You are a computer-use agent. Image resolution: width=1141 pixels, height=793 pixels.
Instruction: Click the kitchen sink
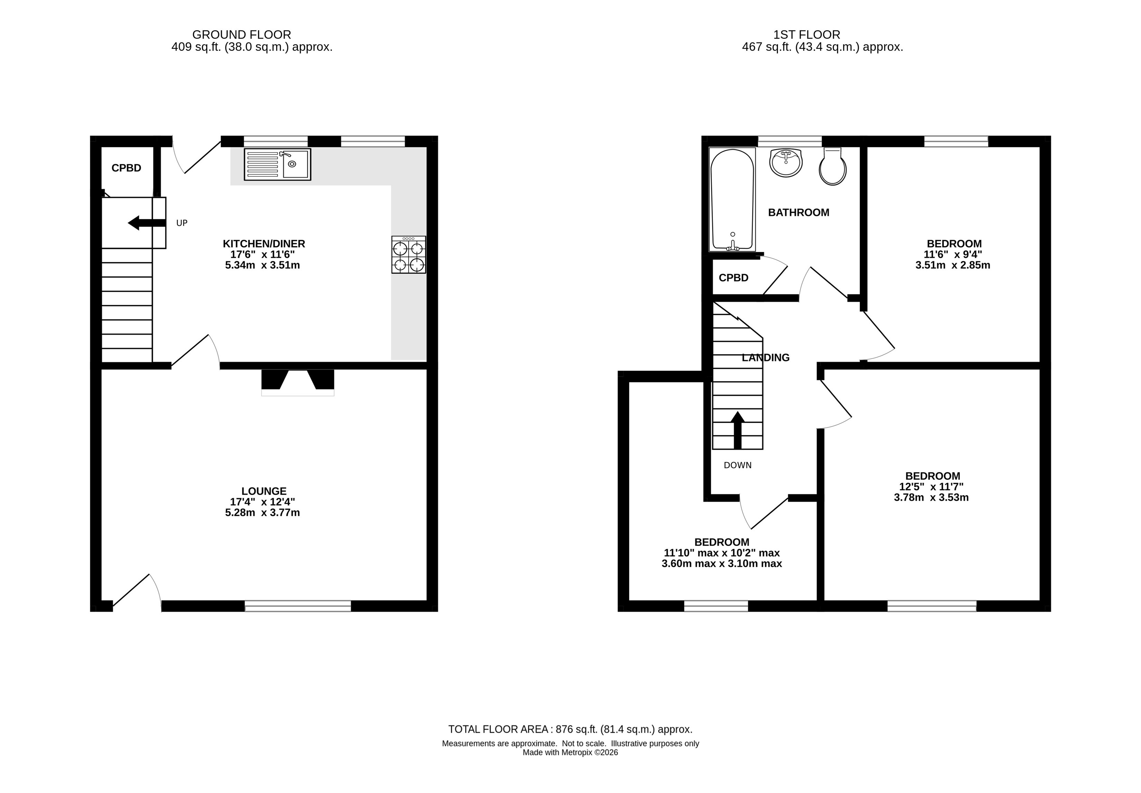click(x=277, y=164)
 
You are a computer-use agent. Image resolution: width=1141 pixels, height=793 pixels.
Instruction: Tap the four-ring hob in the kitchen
click(x=408, y=254)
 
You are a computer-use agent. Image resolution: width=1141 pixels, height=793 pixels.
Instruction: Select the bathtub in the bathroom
click(x=732, y=199)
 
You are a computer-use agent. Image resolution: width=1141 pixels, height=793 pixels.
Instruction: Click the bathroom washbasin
click(x=786, y=162)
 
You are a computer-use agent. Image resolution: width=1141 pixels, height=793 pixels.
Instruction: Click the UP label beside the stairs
click(x=182, y=223)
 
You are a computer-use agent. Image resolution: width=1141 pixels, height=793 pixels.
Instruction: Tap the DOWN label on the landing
click(x=738, y=465)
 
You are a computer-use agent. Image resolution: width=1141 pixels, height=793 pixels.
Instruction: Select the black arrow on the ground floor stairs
click(x=147, y=223)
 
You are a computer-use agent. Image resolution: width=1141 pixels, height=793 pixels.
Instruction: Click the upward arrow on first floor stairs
click(x=738, y=430)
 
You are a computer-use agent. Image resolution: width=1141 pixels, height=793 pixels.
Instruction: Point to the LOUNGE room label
click(x=264, y=491)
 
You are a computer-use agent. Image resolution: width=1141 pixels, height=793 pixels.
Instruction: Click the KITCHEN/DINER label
click(x=264, y=244)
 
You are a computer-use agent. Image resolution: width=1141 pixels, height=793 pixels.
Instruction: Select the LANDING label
click(x=765, y=357)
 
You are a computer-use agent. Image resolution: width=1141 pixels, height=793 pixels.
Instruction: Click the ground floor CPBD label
click(x=126, y=168)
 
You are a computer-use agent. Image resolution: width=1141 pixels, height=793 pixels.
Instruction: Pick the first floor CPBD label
click(x=733, y=278)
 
